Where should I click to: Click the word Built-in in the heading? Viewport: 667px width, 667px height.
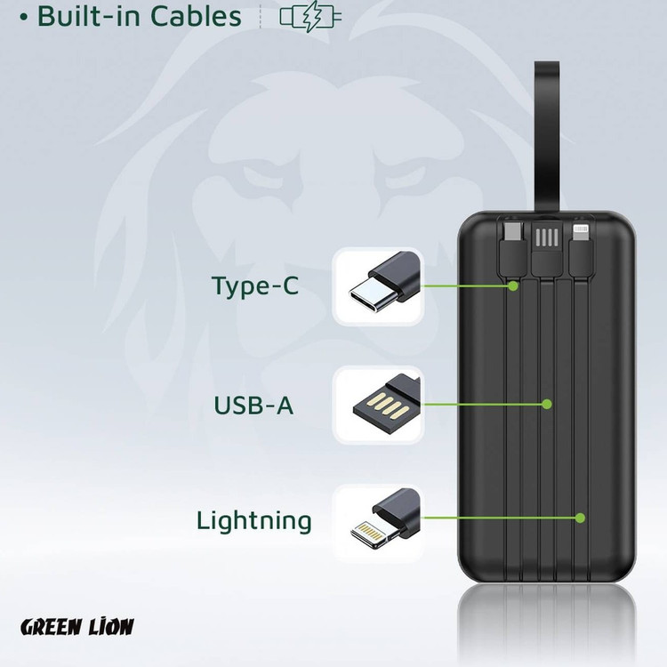88,16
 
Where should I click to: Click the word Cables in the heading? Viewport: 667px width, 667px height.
195,16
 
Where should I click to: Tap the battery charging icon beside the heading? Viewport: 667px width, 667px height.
309,18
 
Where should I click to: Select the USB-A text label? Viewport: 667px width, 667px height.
253,405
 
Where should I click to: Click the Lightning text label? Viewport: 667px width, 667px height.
254,520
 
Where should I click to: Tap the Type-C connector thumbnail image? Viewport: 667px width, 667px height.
378,285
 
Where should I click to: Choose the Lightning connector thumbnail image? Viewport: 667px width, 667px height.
378,521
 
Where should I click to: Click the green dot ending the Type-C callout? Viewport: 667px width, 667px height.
513,286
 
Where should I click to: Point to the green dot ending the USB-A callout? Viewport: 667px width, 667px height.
548,404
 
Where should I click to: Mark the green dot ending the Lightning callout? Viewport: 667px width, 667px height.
580,518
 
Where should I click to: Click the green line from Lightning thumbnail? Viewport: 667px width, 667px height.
498,518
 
